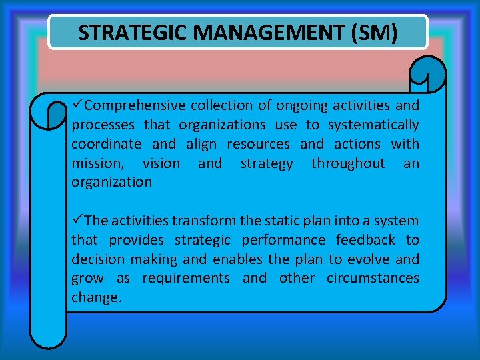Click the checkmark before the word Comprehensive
coord(78,105)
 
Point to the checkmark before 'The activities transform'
coord(78,221)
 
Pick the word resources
coord(258,144)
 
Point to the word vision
coord(161,163)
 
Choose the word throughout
coord(348,163)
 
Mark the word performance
coord(283,240)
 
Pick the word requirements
coord(186,278)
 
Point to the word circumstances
coord(373,278)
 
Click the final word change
coord(96,298)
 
